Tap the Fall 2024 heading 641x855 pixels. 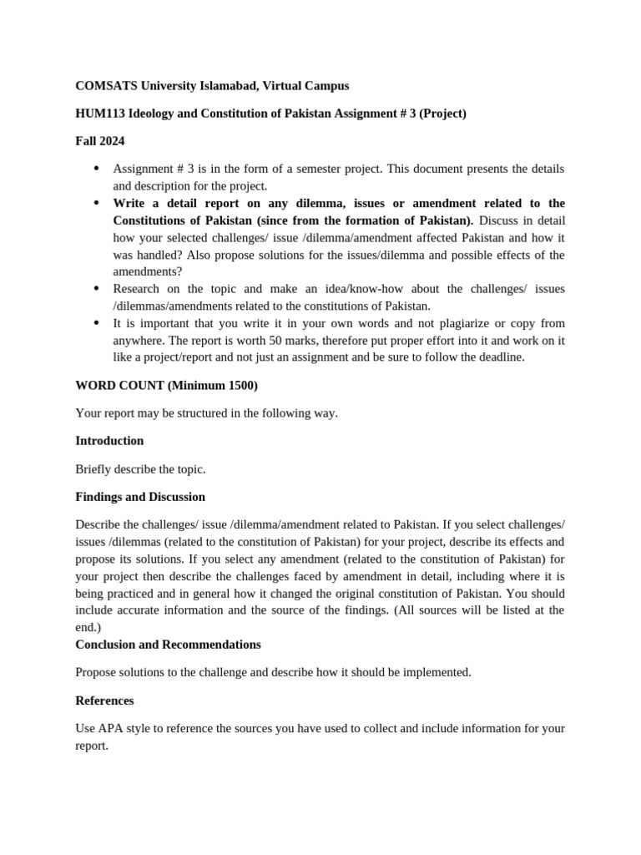[x=99, y=142]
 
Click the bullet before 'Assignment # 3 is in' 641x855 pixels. [x=96, y=169]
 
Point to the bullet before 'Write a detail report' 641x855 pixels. [x=96, y=203]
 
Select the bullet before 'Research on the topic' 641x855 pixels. [x=96, y=289]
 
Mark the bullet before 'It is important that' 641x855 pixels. [x=96, y=323]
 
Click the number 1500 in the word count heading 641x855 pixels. [x=240, y=385]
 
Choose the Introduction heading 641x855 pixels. [x=109, y=441]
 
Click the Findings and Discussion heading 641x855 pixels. [x=140, y=497]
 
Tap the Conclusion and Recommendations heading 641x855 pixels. [x=168, y=645]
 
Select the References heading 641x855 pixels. [x=104, y=701]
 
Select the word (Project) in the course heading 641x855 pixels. [x=442, y=114]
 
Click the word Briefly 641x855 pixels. [x=93, y=469]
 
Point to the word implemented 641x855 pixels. [x=441, y=672]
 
